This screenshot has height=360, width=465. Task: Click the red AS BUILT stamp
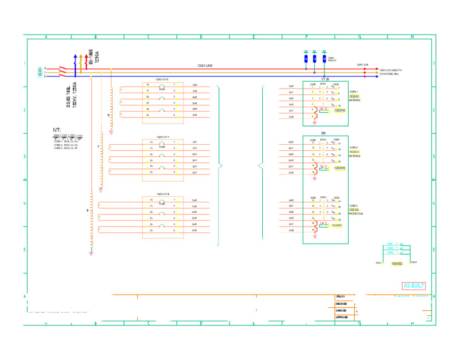click(414, 286)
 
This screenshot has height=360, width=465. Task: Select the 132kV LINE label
click(205, 65)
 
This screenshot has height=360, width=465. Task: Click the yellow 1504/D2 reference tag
click(397, 264)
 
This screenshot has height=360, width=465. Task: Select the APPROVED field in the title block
click(342, 318)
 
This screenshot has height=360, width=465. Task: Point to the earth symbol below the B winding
click(91, 253)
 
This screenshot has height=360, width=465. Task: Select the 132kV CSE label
click(362, 65)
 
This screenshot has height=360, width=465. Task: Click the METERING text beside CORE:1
click(355, 100)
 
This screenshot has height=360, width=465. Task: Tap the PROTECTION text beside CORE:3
click(356, 214)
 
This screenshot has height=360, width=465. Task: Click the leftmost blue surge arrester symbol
click(306, 59)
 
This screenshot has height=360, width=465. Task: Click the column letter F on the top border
click(306, 36)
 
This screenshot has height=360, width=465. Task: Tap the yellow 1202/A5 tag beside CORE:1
click(354, 96)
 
